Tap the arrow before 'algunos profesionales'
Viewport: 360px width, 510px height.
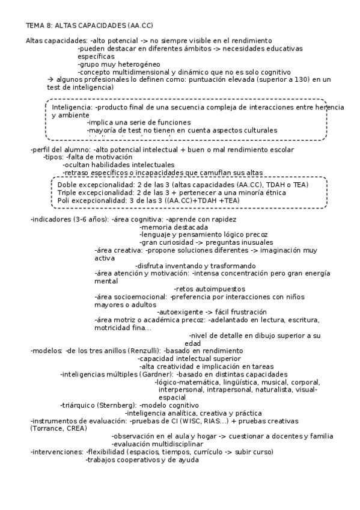(50, 79)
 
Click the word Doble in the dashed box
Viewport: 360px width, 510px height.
(67, 184)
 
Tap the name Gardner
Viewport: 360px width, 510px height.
(156, 374)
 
